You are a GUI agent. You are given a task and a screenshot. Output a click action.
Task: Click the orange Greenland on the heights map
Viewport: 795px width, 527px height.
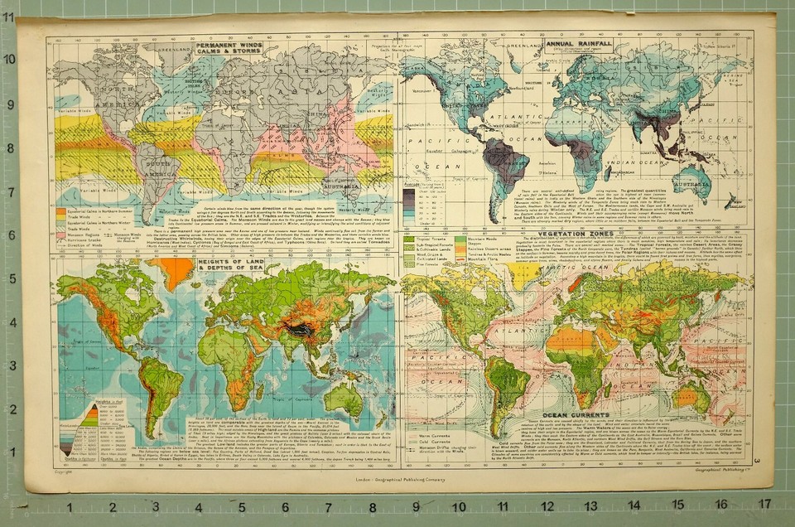tap(176, 271)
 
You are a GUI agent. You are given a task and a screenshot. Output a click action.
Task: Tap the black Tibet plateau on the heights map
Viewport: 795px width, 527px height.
tap(301, 329)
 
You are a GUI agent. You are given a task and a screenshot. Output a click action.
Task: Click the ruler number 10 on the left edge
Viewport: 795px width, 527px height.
tap(9, 60)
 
